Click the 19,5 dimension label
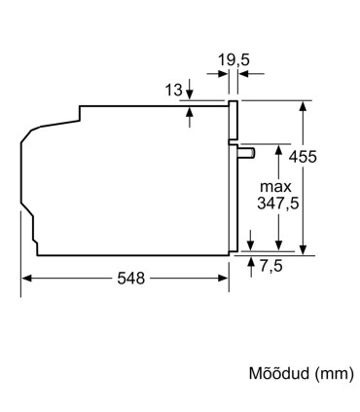point(234,60)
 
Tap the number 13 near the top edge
point(173,91)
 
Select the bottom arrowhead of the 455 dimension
point(307,247)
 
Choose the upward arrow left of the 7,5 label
point(251,260)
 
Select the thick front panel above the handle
point(233,122)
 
